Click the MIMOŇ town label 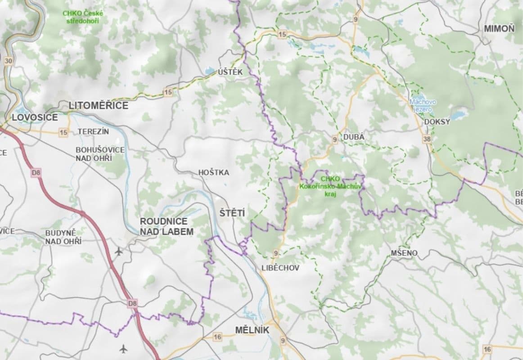499,29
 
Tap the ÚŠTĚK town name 230,72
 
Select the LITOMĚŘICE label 99,106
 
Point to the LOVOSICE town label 35,117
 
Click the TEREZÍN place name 93,131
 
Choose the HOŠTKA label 214,172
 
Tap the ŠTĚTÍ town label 232,213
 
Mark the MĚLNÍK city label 252,330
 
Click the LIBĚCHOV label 280,268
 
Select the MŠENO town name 404,253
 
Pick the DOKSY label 437,122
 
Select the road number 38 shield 427,139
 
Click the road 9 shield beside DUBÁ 334,140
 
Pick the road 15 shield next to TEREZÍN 63,132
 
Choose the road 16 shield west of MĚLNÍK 218,337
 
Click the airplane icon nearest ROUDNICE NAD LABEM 119,251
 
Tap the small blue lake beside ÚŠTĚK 209,71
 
